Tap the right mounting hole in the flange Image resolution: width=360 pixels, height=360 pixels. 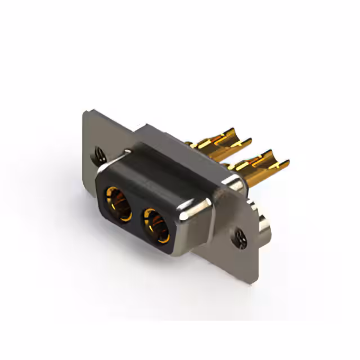click(241, 236)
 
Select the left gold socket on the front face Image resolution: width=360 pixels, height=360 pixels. click(118, 202)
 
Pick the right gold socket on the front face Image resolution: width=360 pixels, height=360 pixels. click(156, 225)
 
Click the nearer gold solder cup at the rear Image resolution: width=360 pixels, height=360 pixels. click(260, 167)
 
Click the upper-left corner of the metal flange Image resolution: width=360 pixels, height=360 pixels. click(84, 112)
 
